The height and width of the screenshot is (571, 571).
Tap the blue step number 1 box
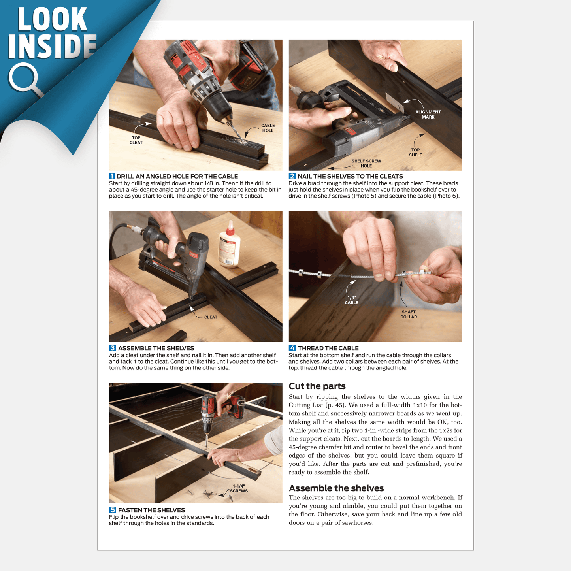(112, 176)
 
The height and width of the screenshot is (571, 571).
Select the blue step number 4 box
(292, 348)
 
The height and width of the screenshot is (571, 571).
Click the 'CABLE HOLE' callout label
(268, 128)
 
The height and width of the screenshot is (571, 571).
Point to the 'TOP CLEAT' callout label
(136, 140)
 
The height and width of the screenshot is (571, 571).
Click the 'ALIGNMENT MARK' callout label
(428, 114)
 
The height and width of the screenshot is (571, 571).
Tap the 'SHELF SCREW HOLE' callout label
(366, 163)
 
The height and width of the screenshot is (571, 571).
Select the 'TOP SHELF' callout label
(415, 152)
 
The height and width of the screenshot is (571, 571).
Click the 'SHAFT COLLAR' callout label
(409, 315)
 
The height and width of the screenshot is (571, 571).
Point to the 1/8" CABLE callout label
(351, 300)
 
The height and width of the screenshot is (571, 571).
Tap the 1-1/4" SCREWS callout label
(239, 488)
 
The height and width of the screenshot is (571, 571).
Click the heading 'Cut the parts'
(317, 386)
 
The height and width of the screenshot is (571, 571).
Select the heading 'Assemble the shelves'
(336, 488)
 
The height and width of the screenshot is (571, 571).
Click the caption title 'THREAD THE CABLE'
(328, 348)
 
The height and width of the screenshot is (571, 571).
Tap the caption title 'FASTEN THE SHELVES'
(151, 510)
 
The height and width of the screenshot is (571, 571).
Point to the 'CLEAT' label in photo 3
(211, 317)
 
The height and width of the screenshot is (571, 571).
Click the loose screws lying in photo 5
(210, 494)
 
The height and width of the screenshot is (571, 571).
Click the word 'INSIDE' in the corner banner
(53, 46)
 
